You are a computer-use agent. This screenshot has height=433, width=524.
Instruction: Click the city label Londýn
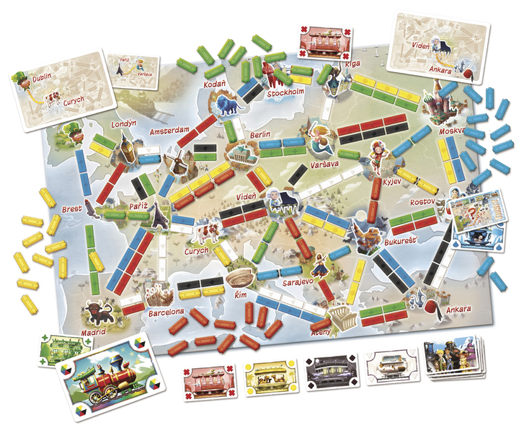click(124, 124)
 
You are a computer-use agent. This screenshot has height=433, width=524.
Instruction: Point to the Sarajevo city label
click(297, 281)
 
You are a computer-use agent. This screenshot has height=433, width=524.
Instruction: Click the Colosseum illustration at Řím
click(239, 277)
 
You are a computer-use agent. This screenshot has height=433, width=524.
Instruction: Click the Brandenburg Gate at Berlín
click(241, 152)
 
